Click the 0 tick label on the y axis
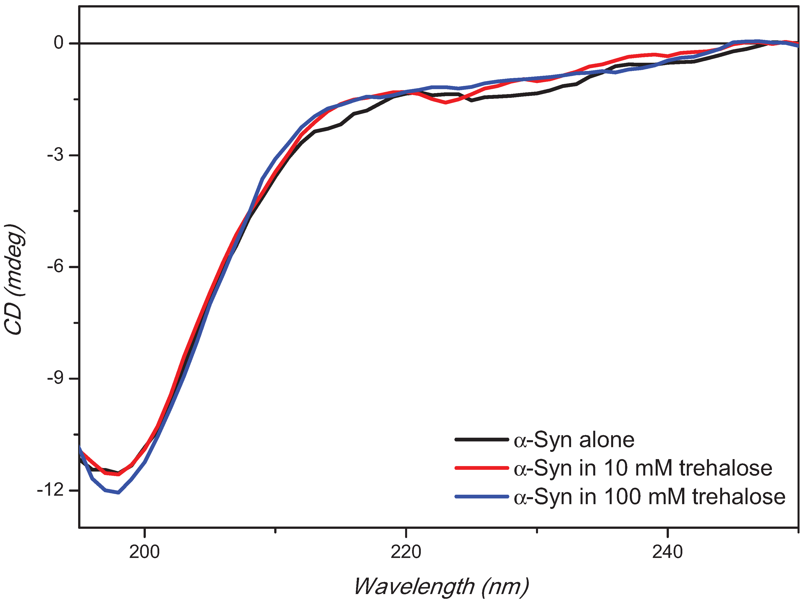[58, 43]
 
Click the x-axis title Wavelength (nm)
[441, 586]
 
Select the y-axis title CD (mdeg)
[14, 279]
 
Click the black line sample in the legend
[481, 440]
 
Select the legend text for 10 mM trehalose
[643, 468]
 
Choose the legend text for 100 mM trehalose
[649, 497]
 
